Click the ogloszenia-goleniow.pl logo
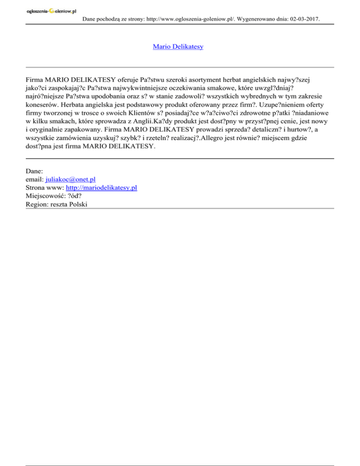tap(51, 10)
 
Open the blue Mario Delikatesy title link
tap(178, 47)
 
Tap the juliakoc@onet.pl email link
tap(71, 180)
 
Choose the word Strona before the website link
tap(37, 188)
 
